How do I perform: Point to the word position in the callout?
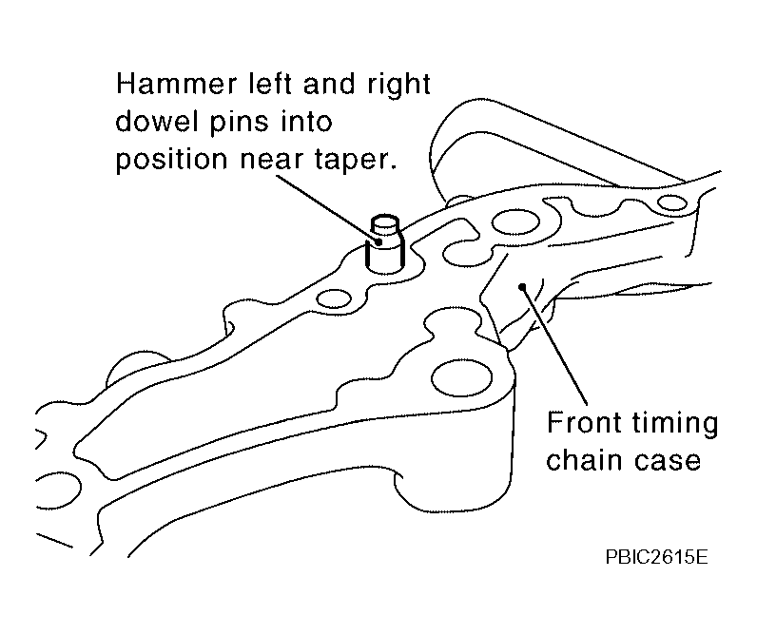[171, 160]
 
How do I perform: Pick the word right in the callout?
[398, 86]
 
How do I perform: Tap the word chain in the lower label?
[584, 460]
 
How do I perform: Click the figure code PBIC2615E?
[656, 557]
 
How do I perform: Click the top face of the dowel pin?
[385, 222]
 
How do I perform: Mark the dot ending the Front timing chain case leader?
[522, 287]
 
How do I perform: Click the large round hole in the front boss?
[461, 377]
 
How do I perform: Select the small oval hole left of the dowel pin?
[334, 298]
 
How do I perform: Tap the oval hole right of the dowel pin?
[515, 223]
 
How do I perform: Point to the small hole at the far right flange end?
[672, 202]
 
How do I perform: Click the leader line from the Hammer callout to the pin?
[328, 208]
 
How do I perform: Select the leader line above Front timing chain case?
[554, 345]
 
